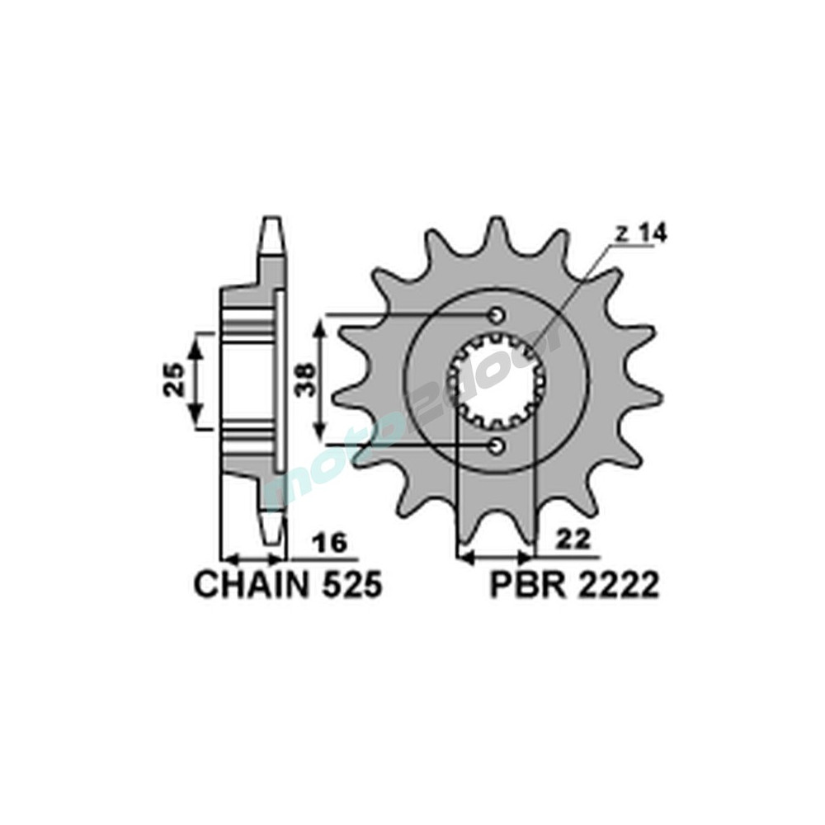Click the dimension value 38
[306, 381]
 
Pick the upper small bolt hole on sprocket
[497, 315]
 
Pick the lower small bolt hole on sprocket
[497, 446]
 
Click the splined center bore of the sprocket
[496, 380]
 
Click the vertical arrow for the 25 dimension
[196, 381]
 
